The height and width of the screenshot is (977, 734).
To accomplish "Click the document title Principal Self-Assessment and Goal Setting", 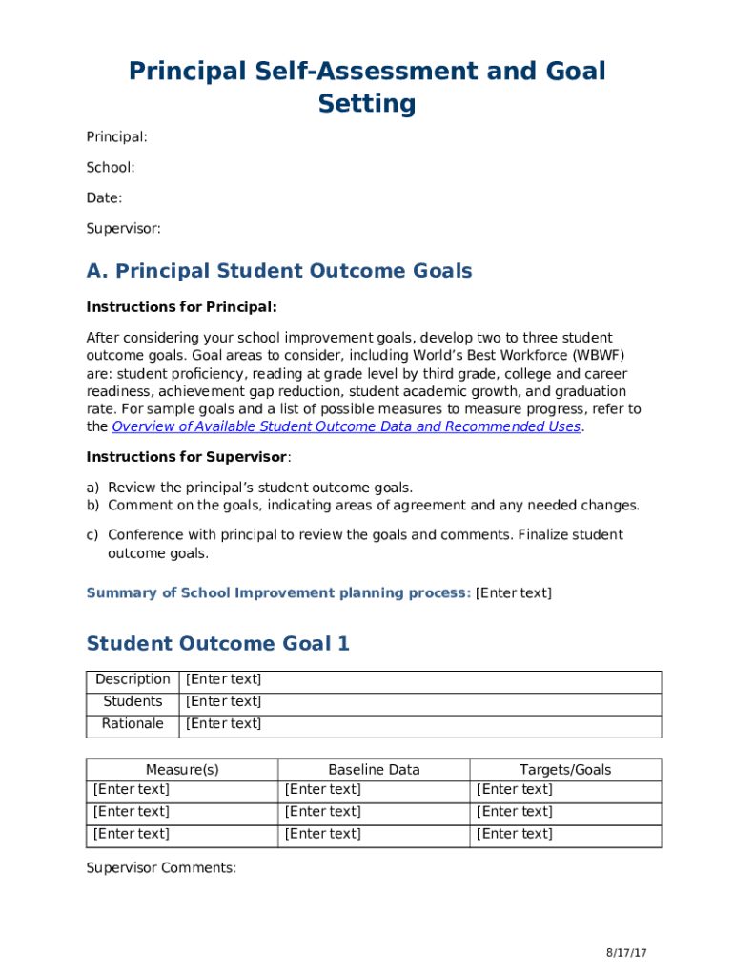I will pos(367,87).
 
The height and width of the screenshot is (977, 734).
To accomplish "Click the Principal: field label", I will pos(116,137).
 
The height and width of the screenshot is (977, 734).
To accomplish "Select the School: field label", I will pos(111,168).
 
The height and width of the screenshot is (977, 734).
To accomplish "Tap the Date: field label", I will pos(104,198).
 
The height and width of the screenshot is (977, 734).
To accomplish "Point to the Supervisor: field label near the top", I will pos(123,229).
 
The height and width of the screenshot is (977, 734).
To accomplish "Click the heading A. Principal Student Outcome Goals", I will pos(279,271).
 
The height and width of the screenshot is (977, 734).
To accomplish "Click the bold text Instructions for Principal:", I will pos(181,307).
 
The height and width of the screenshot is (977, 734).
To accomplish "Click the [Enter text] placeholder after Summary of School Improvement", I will pos(513,592).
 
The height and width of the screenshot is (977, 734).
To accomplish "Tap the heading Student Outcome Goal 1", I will pos(217,644).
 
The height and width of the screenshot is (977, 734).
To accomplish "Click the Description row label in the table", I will pos(133,680).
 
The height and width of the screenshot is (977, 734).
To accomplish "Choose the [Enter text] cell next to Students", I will pos(223,702).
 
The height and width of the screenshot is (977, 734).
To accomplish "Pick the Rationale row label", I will pos(133,724).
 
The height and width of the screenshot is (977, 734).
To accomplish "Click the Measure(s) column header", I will pos(182,770).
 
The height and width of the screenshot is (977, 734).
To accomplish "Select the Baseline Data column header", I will pos(374,770).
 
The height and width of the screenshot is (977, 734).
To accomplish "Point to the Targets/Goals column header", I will pos(565,770).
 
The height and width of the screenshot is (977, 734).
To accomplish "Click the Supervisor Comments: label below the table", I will pos(161,867).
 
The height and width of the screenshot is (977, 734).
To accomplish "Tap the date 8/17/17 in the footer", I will pos(626,954).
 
